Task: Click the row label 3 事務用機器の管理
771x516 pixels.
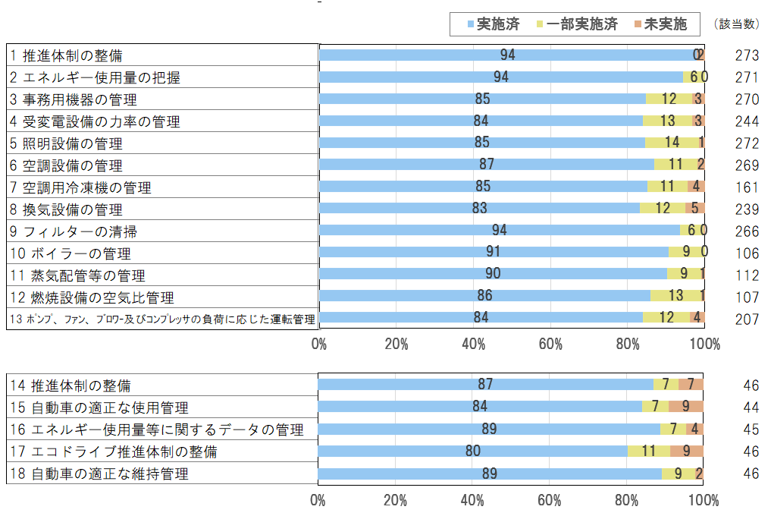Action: tap(74, 99)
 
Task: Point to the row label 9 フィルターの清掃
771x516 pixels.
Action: tap(74, 231)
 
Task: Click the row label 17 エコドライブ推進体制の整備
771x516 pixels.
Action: tap(114, 452)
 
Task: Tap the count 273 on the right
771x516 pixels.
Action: tap(747, 55)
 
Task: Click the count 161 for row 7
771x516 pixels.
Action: tap(747, 187)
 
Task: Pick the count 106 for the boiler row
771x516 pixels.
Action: tap(747, 253)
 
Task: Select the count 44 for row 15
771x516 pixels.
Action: tap(751, 407)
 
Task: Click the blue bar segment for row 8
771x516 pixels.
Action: tap(479, 209)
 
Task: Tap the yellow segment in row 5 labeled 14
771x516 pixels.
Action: tap(672, 143)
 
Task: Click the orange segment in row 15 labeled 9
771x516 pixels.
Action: tap(685, 406)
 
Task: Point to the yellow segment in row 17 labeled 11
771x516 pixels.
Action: tap(648, 451)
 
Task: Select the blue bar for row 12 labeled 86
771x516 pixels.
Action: tap(484, 296)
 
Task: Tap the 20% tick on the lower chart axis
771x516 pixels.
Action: tap(396, 501)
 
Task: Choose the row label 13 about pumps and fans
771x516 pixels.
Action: tap(162, 319)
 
